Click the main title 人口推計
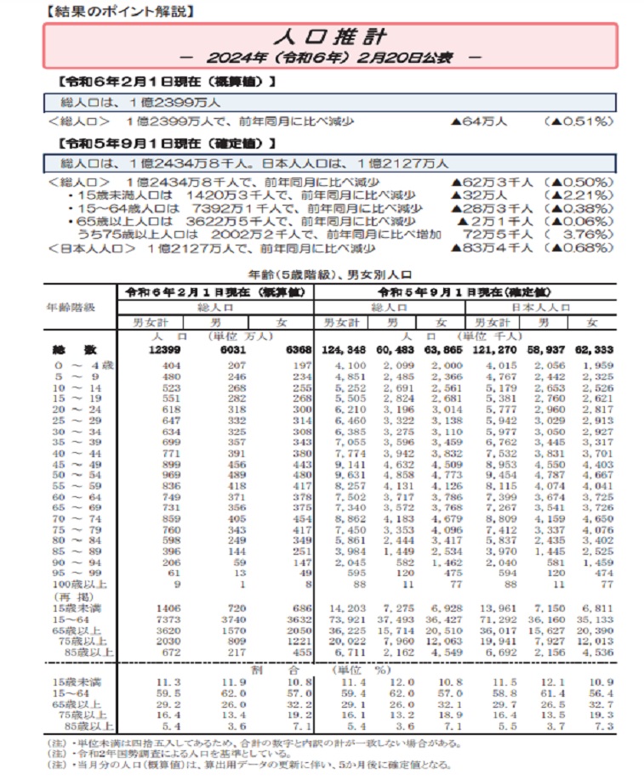(x=330, y=37)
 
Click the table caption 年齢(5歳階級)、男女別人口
(x=322, y=274)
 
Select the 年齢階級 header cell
(x=72, y=307)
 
